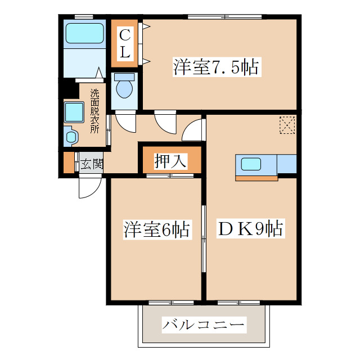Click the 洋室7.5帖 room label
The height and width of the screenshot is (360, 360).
coord(215,68)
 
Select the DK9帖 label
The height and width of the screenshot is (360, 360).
coord(250,229)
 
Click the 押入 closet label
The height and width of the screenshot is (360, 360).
coord(170,161)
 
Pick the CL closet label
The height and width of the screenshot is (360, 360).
coord(125,44)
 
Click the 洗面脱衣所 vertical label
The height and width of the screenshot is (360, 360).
coord(95,111)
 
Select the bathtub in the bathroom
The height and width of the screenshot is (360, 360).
coord(85,33)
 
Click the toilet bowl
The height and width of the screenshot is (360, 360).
coord(124,87)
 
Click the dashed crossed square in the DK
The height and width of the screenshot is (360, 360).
coord(287,125)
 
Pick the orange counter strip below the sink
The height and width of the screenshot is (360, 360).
coord(257,178)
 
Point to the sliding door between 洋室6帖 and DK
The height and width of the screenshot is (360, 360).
coord(204,239)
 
